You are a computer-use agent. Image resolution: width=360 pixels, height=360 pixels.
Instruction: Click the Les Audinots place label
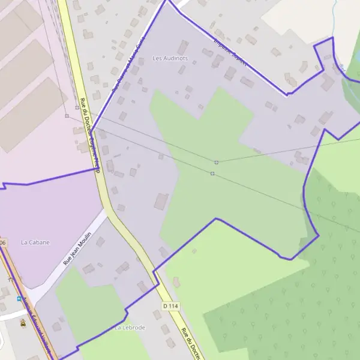pos(170,58)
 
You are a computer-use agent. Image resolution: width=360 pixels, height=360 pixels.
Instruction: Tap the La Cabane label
pos(35,242)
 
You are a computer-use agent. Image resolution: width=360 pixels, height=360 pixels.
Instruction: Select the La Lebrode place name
pos(130,328)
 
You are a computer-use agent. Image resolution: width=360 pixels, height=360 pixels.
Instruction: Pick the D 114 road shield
pos(170,306)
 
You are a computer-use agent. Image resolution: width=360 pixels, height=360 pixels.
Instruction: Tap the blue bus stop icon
pos(19,298)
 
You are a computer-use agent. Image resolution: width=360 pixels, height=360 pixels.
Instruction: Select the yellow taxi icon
pos(23,323)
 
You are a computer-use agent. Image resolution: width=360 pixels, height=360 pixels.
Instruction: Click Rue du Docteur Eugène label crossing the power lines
pos(88,128)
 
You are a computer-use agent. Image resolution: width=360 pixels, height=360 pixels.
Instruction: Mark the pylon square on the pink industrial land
pos(67,115)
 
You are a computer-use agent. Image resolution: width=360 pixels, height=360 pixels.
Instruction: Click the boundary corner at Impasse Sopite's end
pos(287,94)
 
